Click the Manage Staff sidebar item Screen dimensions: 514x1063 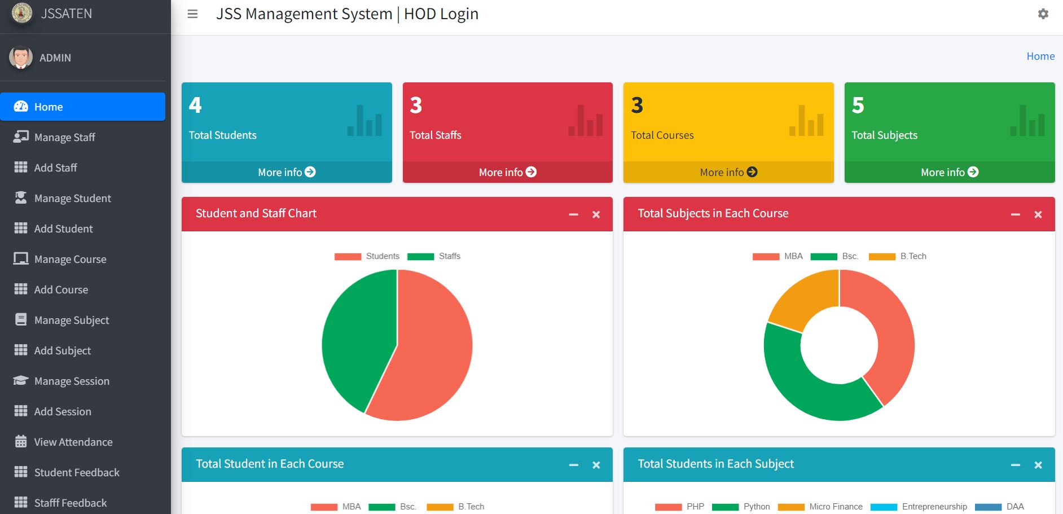pos(64,137)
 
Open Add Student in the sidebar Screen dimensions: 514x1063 pos(63,229)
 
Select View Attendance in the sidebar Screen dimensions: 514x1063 pos(73,442)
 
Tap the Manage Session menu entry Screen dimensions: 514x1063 pos(72,381)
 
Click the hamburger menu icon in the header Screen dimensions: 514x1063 pos(192,14)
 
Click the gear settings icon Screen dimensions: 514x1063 pos(1043,14)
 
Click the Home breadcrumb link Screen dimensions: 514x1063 pos(1040,56)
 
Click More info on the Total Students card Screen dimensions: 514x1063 pos(287,172)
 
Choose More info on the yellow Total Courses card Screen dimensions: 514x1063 pos(728,172)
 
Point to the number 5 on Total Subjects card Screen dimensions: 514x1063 pos(858,106)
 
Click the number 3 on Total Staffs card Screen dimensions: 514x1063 pos(416,106)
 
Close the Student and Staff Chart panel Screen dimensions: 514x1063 pos(596,214)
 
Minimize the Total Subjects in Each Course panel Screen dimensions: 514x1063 pos(1015,214)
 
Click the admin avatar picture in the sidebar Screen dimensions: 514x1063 pos(21,58)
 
